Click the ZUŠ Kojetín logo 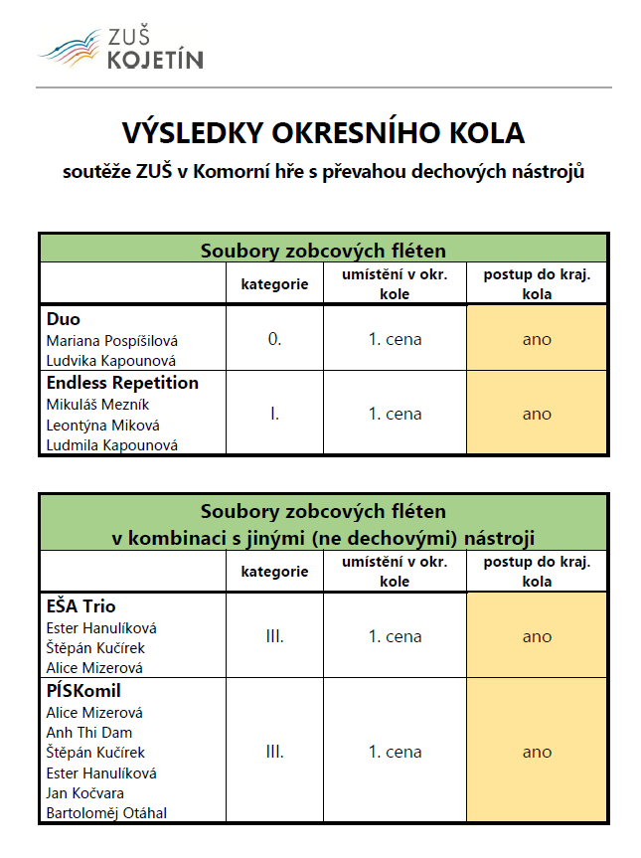[x=120, y=48]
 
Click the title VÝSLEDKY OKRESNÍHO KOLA [x=323, y=133]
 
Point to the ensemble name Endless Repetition [x=122, y=383]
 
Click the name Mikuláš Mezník [x=98, y=405]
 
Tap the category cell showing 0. [x=274, y=339]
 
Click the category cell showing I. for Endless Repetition [x=274, y=414]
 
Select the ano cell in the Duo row [x=537, y=339]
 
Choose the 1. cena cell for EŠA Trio [x=395, y=636]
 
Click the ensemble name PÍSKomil [x=83, y=691]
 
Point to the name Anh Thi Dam [x=89, y=733]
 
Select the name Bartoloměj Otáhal [x=106, y=813]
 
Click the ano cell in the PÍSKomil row [x=537, y=752]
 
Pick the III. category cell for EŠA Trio [x=274, y=636]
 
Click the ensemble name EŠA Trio [x=81, y=606]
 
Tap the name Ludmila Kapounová [x=112, y=445]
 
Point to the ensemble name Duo [x=64, y=319]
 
